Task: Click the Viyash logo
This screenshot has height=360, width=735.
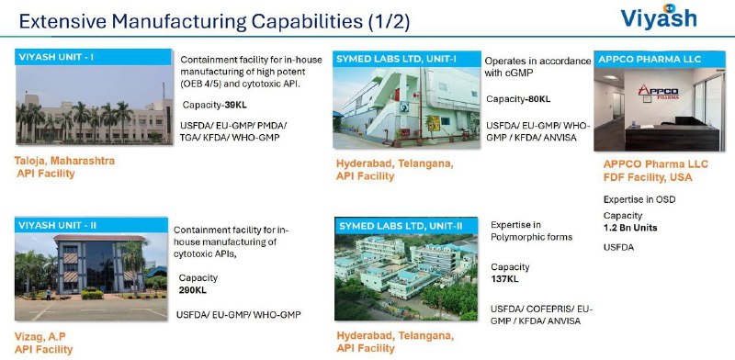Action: [659, 17]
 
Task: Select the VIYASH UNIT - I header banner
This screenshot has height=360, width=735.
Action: [94, 57]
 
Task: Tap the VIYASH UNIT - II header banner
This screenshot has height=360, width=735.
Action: [91, 225]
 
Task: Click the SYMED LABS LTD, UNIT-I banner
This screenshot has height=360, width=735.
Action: [407, 59]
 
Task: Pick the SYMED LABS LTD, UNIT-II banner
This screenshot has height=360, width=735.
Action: [406, 226]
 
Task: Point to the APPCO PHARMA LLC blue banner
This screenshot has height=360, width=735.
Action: [660, 59]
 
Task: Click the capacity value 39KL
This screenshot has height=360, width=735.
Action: [235, 105]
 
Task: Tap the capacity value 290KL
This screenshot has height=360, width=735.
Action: [192, 290]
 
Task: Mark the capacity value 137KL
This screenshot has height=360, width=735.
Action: [504, 279]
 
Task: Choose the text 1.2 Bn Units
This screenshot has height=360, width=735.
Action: [630, 228]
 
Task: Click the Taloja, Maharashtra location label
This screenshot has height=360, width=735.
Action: [64, 161]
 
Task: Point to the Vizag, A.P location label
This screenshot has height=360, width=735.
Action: [40, 336]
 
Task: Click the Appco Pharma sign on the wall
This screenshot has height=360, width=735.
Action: [659, 92]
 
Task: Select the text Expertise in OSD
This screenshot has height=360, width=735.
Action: [639, 199]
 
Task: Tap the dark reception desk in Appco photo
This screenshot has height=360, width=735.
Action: [673, 138]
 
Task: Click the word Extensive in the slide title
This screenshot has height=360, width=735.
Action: [62, 22]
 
